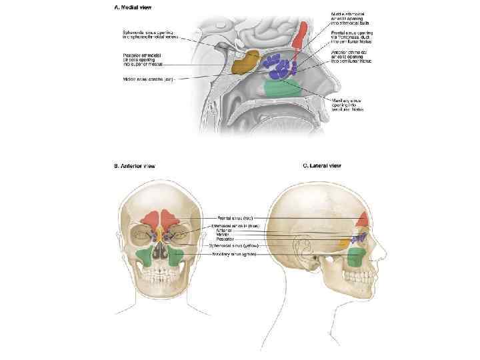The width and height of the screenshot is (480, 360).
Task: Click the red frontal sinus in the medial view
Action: click(302, 37)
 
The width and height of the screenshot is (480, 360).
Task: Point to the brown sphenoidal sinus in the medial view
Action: click(245, 61)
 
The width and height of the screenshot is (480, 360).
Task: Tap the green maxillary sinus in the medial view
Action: click(281, 87)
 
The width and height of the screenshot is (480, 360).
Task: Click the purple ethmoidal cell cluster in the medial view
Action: click(280, 65)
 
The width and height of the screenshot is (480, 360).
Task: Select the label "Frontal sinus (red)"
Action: click(234, 217)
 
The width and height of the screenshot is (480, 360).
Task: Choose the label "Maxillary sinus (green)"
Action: click(235, 254)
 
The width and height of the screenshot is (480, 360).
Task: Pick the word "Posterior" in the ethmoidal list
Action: click(225, 239)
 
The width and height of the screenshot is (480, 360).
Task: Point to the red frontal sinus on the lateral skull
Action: click(363, 219)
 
